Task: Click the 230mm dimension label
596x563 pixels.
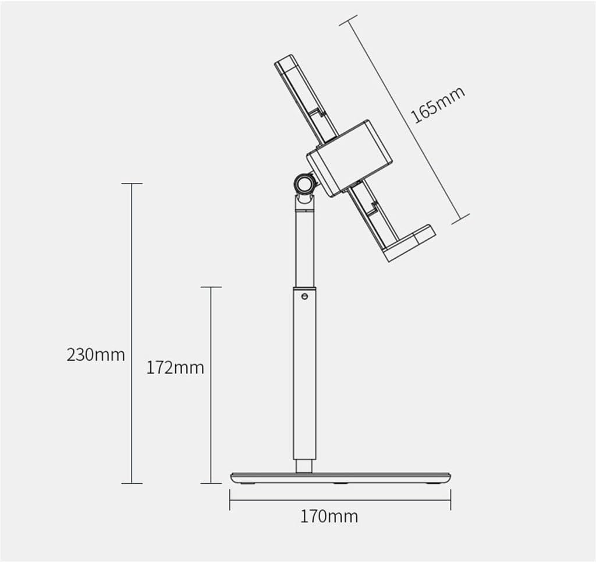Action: tap(95, 354)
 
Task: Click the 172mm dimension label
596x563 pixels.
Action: tap(175, 368)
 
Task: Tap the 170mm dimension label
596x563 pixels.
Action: tap(329, 516)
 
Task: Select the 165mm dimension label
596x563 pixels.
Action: tap(438, 105)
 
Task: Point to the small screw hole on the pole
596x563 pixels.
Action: tap(304, 296)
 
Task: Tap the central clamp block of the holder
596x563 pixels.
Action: tap(349, 157)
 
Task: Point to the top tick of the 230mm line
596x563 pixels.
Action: tap(132, 184)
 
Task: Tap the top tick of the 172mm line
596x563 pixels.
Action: tap(211, 287)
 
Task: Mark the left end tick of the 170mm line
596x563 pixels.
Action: tap(230, 499)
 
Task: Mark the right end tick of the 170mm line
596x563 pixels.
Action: tap(450, 499)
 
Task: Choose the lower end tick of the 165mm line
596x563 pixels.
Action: tap(460, 219)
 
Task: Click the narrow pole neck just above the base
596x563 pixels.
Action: tap(304, 466)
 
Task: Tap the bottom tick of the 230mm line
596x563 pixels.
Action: tap(132, 483)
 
